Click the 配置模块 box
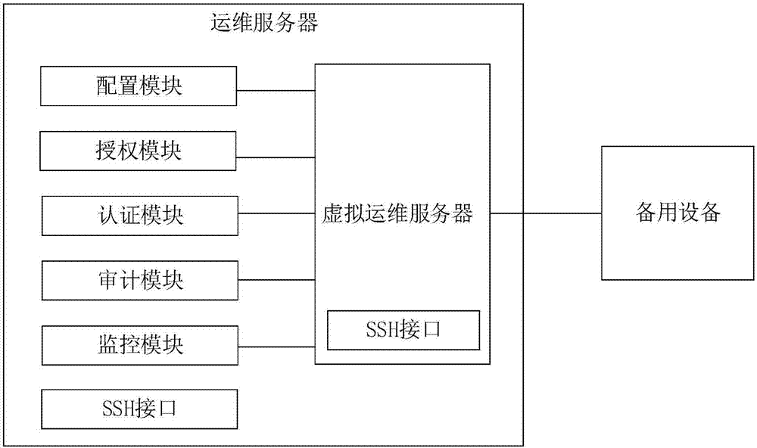tap(139, 86)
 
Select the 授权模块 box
tap(139, 151)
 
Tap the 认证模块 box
tap(139, 216)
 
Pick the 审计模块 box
tap(139, 280)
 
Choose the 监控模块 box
tap(139, 345)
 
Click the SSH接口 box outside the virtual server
tap(139, 409)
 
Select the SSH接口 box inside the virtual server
tap(403, 330)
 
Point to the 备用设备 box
tap(678, 213)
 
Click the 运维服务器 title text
tap(264, 23)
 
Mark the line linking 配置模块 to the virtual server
tap(276, 92)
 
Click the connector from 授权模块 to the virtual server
tap(276, 157)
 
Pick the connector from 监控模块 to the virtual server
tap(276, 347)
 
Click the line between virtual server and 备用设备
tap(546, 214)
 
